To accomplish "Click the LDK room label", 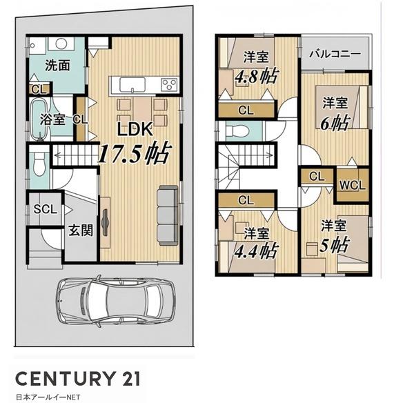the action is click(x=135, y=129).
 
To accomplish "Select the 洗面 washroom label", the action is click(x=57, y=65).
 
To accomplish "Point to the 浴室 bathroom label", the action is click(x=52, y=119).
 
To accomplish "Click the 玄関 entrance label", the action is click(x=81, y=230).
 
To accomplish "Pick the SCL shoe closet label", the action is click(x=45, y=210).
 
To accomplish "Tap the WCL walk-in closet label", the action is click(x=352, y=186).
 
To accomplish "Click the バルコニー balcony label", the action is click(x=335, y=54).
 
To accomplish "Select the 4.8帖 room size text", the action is click(x=257, y=77).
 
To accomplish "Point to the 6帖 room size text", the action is click(x=335, y=123).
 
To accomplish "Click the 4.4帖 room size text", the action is click(x=257, y=251).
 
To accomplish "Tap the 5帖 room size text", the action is click(x=335, y=245).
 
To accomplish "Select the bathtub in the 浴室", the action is click(x=39, y=119).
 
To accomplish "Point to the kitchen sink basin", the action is click(x=132, y=84).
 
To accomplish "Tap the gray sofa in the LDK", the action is click(x=168, y=215).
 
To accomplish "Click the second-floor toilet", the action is click(x=237, y=130).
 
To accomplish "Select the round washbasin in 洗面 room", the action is click(x=61, y=43).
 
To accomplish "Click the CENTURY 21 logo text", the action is click(x=77, y=378).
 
